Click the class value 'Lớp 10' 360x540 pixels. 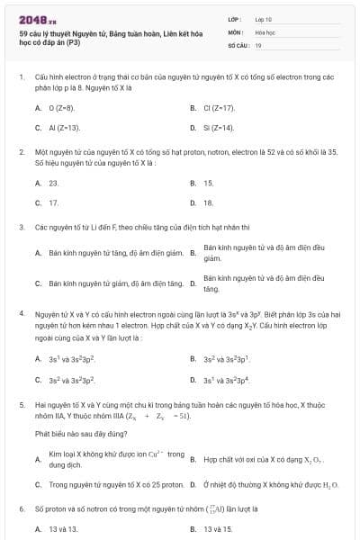coord(264,19)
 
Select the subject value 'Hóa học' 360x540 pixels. coord(265,31)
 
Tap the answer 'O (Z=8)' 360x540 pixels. coord(60,108)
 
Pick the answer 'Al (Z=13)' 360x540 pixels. coord(64,129)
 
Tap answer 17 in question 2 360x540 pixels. coord(53,203)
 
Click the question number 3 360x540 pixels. coord(22,227)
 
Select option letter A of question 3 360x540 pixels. coord(38,254)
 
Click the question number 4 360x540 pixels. coord(22,314)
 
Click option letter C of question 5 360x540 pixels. coord(38,485)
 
